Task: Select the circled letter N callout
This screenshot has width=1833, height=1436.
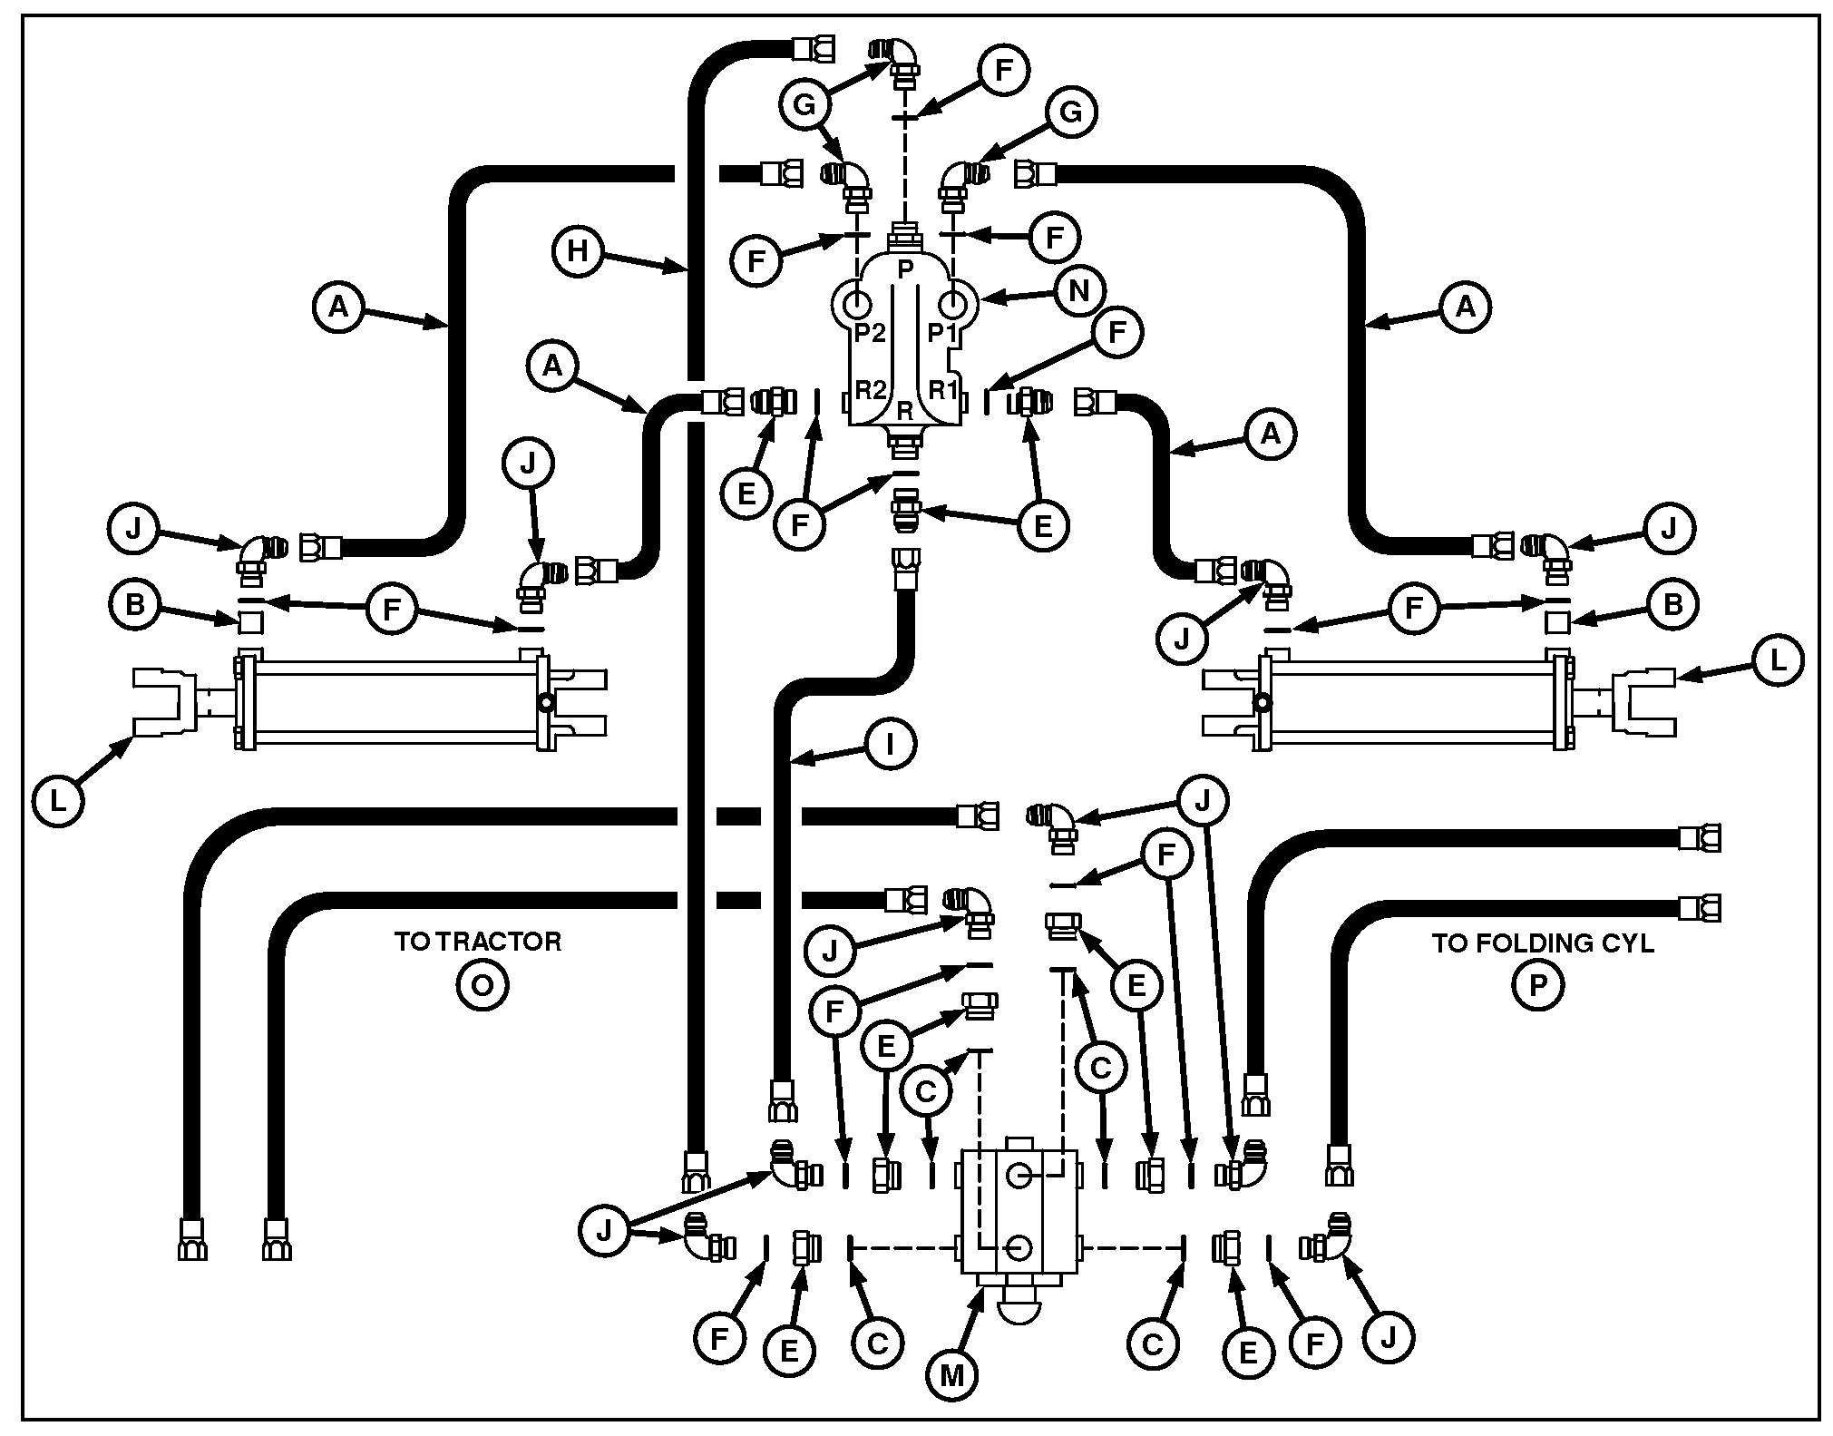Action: click(x=1079, y=290)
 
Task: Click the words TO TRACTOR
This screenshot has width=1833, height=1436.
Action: click(x=478, y=942)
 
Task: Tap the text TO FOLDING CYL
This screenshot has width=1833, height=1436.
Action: click(x=1543, y=943)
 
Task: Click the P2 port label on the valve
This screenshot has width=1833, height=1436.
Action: click(x=869, y=333)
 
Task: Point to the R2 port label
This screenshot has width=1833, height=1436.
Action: click(x=870, y=391)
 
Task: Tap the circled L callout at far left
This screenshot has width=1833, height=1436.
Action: click(x=57, y=801)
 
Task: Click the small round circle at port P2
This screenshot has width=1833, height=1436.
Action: click(x=857, y=301)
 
